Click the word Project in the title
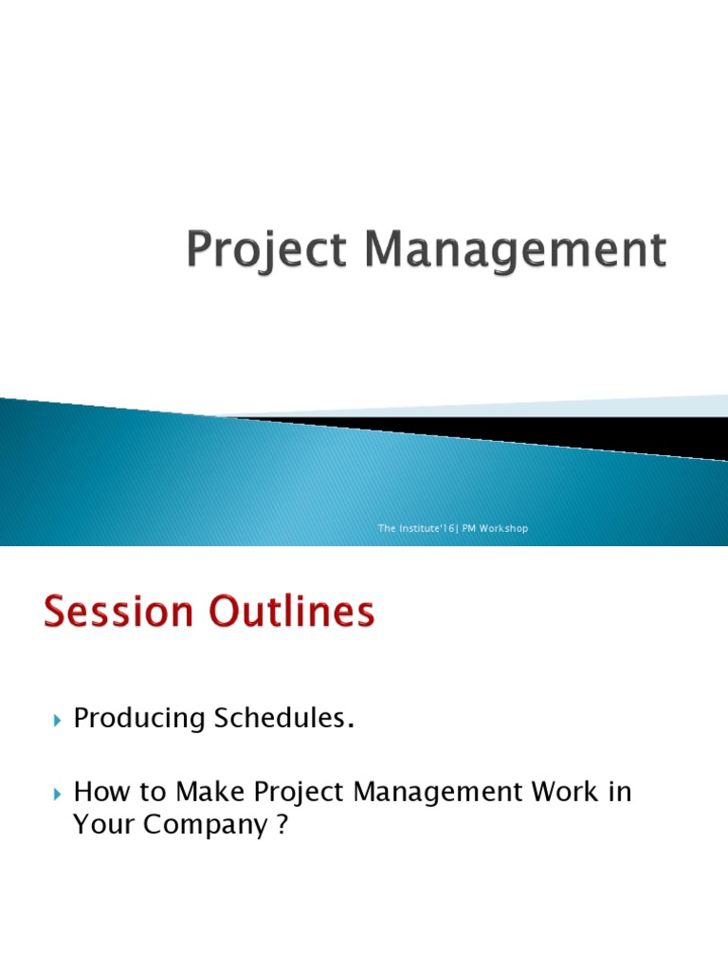point(266,250)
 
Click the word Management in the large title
point(516,249)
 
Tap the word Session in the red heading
point(118,612)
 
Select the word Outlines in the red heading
point(292,612)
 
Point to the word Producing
point(139,719)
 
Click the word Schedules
point(280,718)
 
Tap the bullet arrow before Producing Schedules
point(58,721)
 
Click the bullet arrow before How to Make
point(58,794)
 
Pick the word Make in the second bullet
point(209,792)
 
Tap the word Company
point(206,826)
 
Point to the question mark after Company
point(282,824)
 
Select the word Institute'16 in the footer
point(428,528)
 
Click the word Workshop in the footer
point(503,528)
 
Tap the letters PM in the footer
point(468,528)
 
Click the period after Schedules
point(351,726)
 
